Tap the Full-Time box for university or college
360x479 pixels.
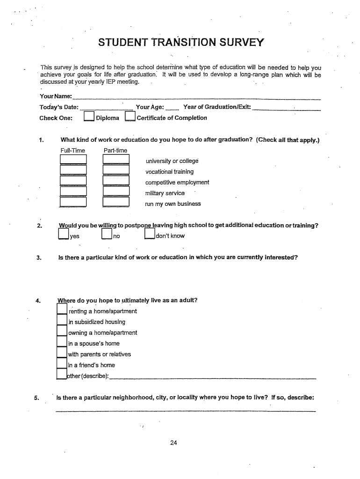coord(73,160)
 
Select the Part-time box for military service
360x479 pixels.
coord(115,191)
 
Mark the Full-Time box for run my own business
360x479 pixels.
coord(73,202)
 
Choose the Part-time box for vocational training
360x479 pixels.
coord(115,170)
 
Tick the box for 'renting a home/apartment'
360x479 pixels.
coord(62,310)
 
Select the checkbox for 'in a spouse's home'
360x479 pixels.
coord(62,342)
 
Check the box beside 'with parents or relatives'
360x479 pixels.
coord(62,353)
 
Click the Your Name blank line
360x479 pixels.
coord(196,98)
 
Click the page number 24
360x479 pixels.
coord(173,443)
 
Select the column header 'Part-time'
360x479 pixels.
coord(115,150)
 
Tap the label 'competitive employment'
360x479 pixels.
coord(177,182)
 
